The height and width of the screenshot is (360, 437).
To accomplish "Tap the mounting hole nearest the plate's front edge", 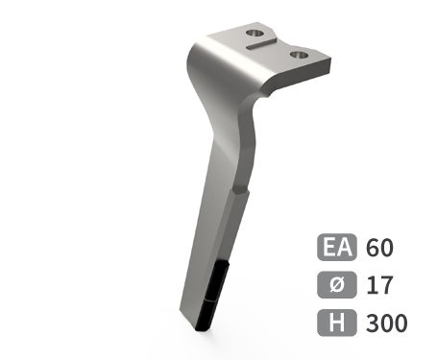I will pos(300,55).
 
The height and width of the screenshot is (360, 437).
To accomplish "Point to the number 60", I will pos(380,248).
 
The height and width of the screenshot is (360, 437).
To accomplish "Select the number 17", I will pos(378,285).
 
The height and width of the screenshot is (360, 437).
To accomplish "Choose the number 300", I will pos(387,323).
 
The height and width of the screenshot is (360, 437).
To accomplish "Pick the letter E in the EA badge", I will pos(328,248).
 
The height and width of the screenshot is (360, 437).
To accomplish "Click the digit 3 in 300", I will pos(373,323).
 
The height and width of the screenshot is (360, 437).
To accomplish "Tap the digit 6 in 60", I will pos(373,248).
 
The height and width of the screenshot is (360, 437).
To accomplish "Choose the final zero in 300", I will pos(401,323).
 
